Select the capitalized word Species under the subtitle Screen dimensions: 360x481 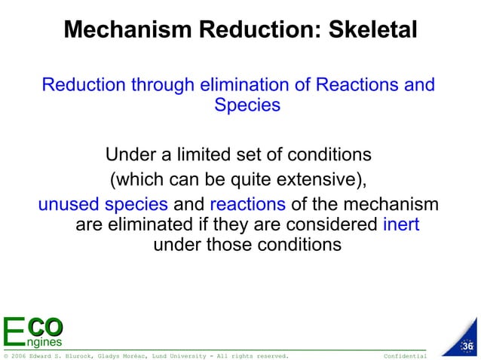point(247,105)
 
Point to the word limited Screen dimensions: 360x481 point(205,155)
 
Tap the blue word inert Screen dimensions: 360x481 point(401,224)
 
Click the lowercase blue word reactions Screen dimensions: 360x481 point(247,205)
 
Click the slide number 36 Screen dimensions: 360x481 point(467,346)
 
